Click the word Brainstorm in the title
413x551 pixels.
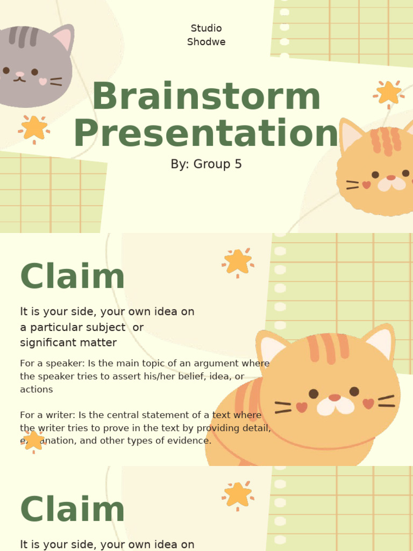point(206,97)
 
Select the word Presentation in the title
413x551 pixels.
point(206,133)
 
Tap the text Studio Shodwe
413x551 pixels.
point(206,35)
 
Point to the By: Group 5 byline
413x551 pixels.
point(206,164)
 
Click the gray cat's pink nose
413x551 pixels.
point(20,74)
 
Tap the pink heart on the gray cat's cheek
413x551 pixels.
point(42,82)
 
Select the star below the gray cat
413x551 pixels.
point(34,128)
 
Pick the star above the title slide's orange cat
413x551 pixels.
point(388,93)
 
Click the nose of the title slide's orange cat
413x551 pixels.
point(391,178)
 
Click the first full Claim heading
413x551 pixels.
point(72,277)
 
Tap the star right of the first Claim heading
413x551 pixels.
point(238,262)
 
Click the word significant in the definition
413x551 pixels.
point(45,343)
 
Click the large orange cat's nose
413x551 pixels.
point(334,398)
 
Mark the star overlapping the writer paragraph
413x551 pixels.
point(33,440)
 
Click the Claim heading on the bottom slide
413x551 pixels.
point(72,510)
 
